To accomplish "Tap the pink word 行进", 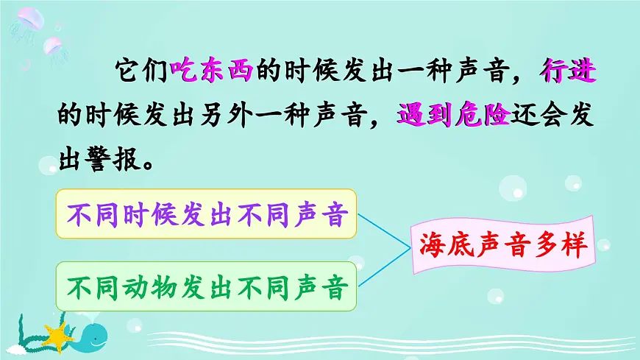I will (x=567, y=71).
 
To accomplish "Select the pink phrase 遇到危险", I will (x=453, y=116).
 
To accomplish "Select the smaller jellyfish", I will (x=52, y=47).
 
